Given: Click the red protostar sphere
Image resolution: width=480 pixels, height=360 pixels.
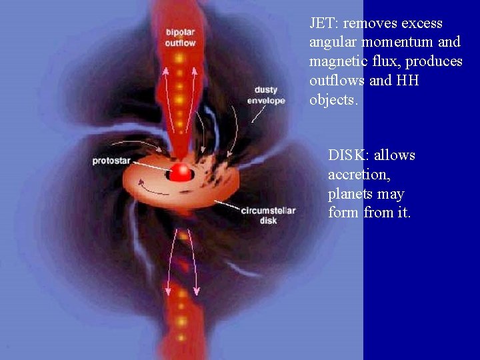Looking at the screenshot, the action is pos(180,173).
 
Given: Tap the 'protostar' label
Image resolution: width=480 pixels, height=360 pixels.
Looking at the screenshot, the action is pos(111,161).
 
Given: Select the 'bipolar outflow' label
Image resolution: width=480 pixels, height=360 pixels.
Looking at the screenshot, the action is pos(180,38).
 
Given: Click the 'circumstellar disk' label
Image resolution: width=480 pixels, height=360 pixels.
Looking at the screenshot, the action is pos(268,215).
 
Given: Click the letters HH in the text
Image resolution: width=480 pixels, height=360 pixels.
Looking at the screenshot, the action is pos(408,81).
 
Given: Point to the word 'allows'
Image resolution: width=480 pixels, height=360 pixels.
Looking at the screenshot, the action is pos(395,155).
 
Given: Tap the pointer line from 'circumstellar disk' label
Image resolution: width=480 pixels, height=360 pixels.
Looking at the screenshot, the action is pos(227,203).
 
